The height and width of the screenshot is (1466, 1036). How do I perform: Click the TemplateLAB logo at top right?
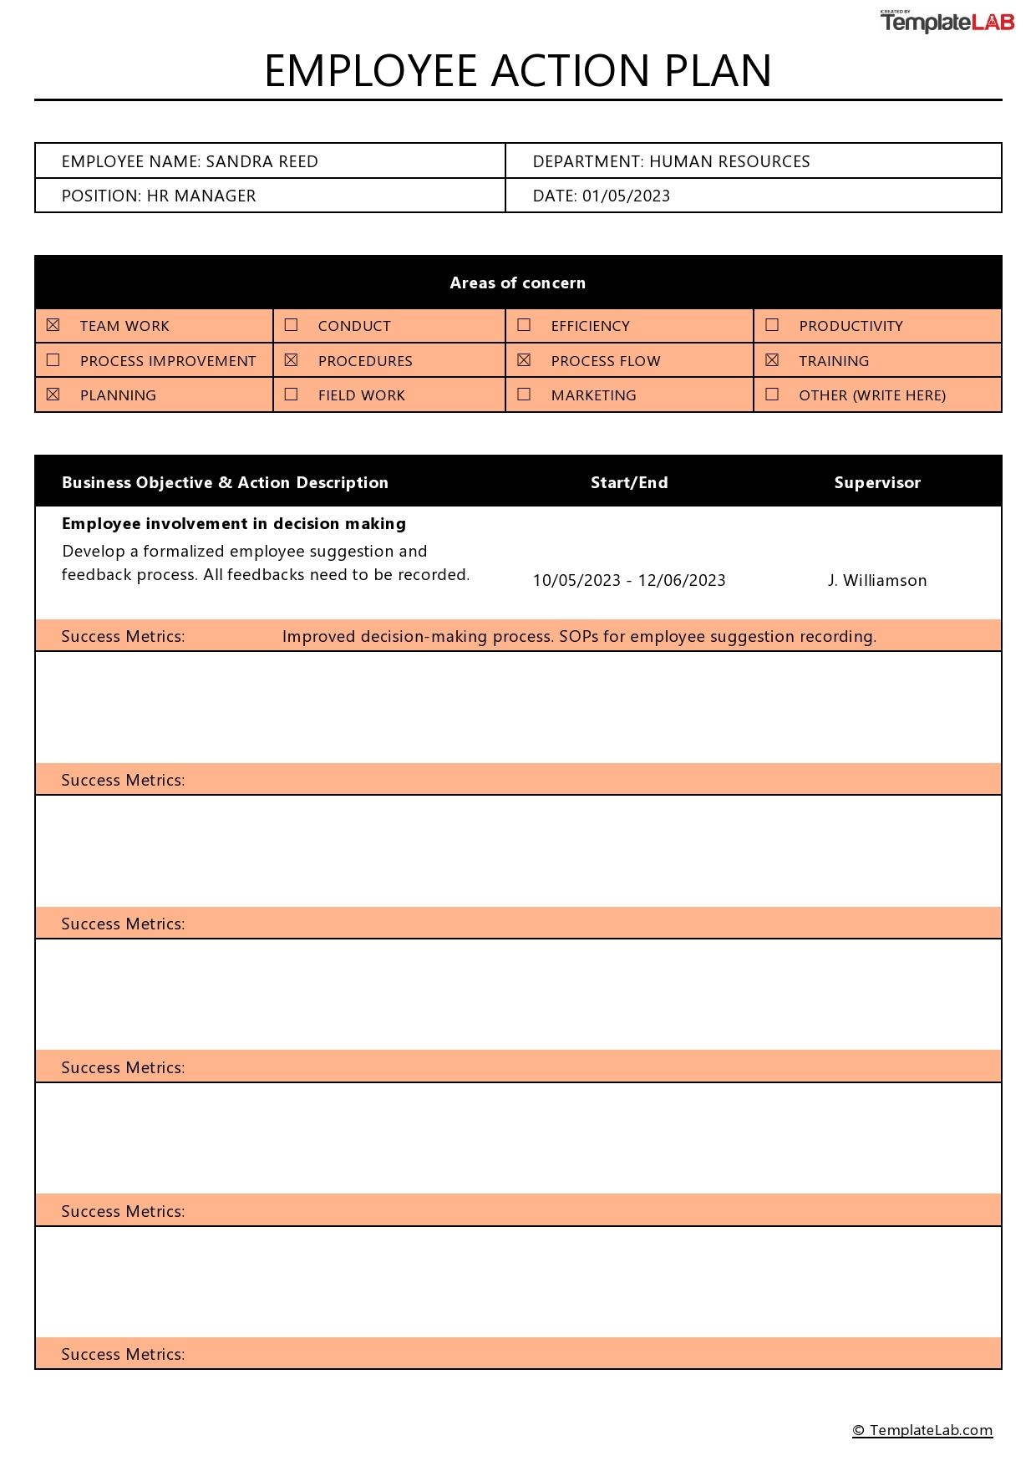pyautogui.click(x=947, y=22)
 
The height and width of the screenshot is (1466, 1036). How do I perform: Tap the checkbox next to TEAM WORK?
pyautogui.click(x=53, y=324)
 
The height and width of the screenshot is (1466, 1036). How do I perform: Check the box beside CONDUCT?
pyautogui.click(x=291, y=324)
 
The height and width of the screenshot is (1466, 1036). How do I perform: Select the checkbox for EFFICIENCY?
pyautogui.click(x=524, y=324)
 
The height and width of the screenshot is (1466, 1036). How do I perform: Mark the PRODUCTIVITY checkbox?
pyautogui.click(x=772, y=324)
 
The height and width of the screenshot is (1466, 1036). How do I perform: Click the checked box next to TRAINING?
pyautogui.click(x=772, y=359)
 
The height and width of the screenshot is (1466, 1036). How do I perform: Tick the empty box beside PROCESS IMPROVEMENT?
pyautogui.click(x=53, y=359)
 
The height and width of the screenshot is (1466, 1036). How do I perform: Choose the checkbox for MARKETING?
pyautogui.click(x=524, y=394)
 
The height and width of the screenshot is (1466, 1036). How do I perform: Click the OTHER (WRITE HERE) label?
pyautogui.click(x=871, y=395)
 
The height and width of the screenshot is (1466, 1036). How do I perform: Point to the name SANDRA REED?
pyautogui.click(x=262, y=161)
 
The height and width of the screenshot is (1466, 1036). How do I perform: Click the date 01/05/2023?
pyautogui.click(x=626, y=196)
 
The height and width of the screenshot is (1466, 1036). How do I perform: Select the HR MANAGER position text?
pyautogui.click(x=201, y=196)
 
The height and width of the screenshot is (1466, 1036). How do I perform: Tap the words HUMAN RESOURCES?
pyautogui.click(x=729, y=161)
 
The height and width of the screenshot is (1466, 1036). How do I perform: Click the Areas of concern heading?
pyautogui.click(x=517, y=283)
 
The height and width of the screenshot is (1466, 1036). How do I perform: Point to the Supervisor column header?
pyautogui.click(x=876, y=482)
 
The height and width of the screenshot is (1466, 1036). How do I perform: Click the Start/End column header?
pyautogui.click(x=628, y=482)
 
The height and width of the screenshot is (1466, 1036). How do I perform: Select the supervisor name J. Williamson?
pyautogui.click(x=876, y=580)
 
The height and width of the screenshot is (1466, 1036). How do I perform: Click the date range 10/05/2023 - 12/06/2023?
pyautogui.click(x=628, y=580)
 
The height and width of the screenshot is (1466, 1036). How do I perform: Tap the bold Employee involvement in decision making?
pyautogui.click(x=234, y=523)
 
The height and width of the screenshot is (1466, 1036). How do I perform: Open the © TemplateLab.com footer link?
pyautogui.click(x=922, y=1429)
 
